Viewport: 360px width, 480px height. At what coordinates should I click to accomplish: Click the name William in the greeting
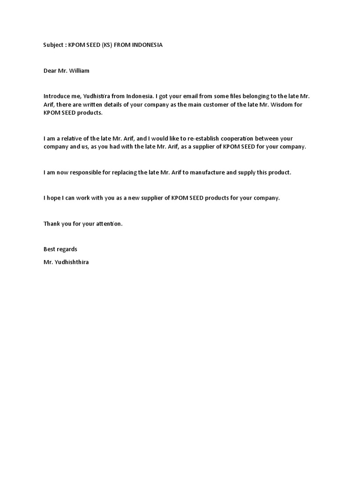80,71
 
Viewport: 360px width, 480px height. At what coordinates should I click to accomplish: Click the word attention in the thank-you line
108,224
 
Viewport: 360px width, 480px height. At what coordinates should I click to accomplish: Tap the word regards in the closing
67,249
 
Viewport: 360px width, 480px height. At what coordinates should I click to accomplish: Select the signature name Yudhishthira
72,262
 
